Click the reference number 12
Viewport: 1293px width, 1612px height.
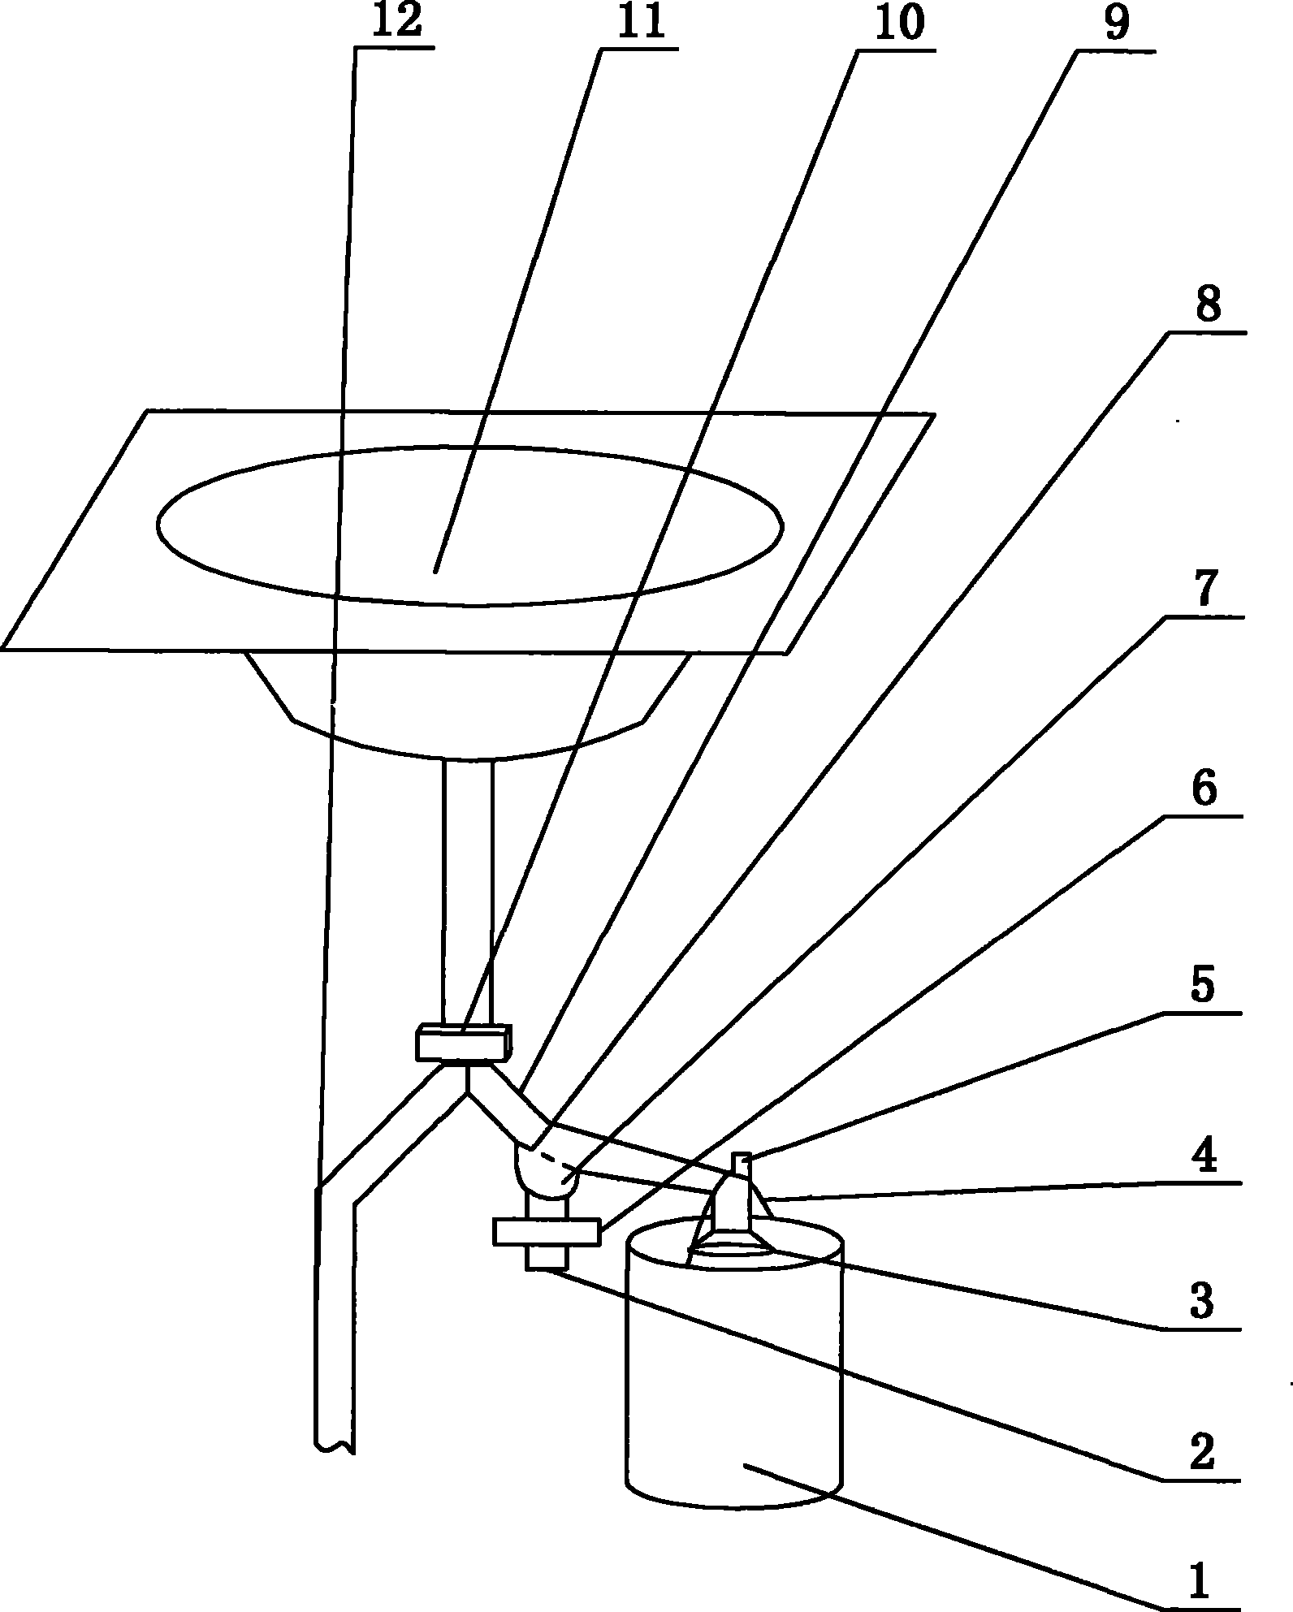pos(398,22)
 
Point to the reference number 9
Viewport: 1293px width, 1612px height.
pos(1116,24)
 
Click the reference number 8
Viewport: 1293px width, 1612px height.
pos(1208,306)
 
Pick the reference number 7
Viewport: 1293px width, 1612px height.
pos(1204,590)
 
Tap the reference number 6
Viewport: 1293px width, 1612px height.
pos(1203,789)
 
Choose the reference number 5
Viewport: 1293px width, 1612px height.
pos(1203,987)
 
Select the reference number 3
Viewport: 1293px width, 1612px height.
pos(1201,1302)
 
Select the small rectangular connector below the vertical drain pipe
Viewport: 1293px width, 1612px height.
pos(463,1042)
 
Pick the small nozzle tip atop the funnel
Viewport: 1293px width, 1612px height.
pos(741,1165)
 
